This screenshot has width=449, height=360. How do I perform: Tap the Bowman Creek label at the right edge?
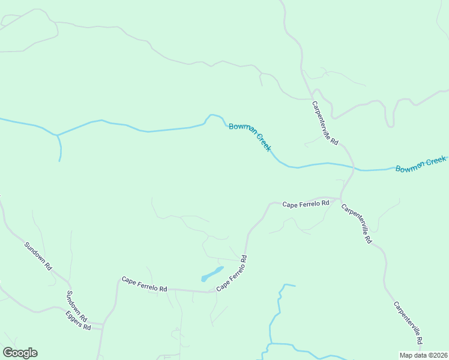(x=421, y=164)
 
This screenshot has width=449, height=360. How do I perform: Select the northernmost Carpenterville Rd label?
(x=325, y=124)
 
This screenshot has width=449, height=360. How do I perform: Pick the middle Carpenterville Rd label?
(x=357, y=224)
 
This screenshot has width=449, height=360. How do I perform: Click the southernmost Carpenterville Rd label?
(x=409, y=323)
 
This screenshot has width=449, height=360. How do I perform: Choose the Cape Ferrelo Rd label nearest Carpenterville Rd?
(x=306, y=203)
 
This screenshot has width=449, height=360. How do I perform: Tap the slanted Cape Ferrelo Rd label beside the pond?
(x=232, y=273)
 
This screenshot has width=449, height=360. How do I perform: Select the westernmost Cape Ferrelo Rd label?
(x=144, y=284)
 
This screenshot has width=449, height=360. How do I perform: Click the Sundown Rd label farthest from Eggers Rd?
(x=38, y=256)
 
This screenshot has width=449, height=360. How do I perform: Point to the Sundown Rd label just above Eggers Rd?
(x=77, y=305)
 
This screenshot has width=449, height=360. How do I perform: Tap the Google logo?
(x=20, y=353)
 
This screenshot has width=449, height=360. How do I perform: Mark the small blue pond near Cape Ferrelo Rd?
(x=211, y=274)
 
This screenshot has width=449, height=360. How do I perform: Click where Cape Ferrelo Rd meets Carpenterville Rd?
(x=340, y=198)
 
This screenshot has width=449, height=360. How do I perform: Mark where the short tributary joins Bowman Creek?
(x=57, y=135)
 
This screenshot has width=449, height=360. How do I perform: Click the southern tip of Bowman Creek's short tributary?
(x=59, y=161)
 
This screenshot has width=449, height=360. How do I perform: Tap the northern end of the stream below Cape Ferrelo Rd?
(x=294, y=286)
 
